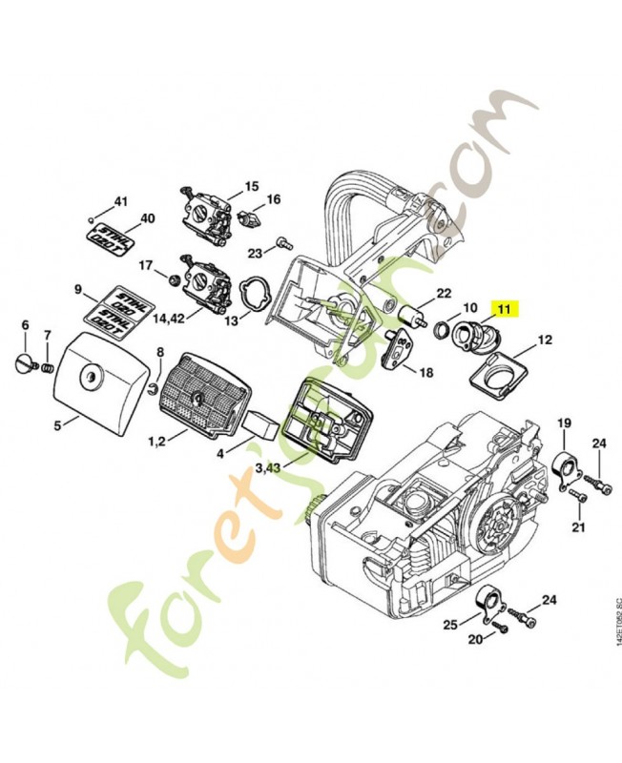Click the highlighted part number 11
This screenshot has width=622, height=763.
(503, 308)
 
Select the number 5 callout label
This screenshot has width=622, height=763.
(58, 425)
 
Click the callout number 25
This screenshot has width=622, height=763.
(448, 624)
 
